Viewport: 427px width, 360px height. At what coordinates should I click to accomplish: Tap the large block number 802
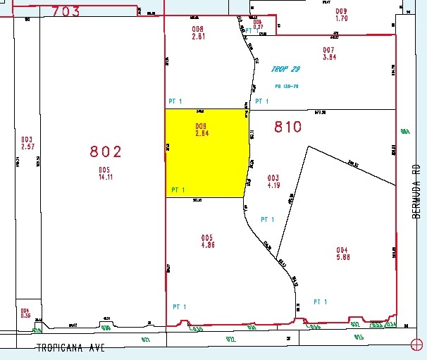(x=106, y=151)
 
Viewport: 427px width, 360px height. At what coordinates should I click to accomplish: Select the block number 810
(x=287, y=128)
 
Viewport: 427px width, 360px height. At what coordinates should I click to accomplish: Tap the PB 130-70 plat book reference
(x=287, y=87)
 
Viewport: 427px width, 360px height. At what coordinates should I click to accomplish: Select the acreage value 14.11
(x=105, y=178)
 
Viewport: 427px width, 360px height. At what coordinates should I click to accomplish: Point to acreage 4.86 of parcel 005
(x=206, y=246)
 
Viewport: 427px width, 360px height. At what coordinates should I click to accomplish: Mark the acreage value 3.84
(x=328, y=57)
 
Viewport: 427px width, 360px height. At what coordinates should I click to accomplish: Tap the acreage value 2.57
(x=27, y=147)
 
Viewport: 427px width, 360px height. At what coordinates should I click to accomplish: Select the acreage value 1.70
(x=341, y=19)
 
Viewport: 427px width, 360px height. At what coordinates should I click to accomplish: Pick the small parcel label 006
(x=258, y=22)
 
